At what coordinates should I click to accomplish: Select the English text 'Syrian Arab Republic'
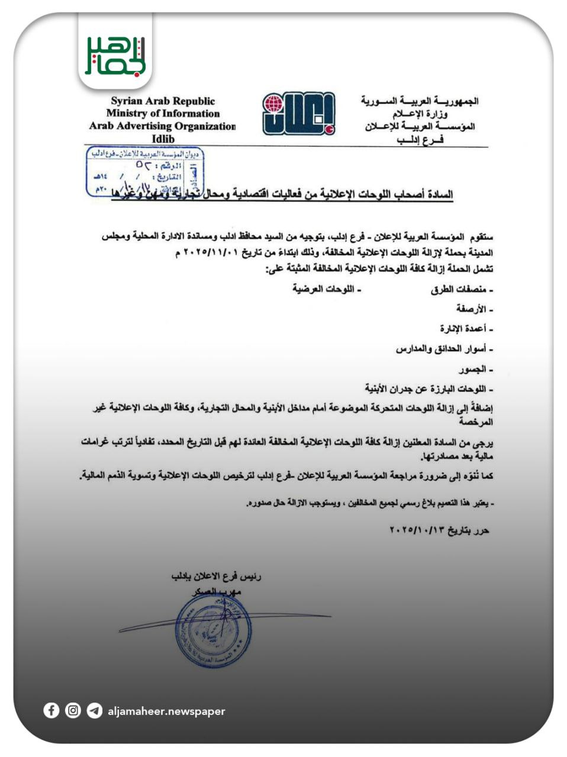(x=163, y=101)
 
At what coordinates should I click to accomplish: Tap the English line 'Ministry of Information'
(x=163, y=114)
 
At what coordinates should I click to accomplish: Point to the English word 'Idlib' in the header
(x=163, y=139)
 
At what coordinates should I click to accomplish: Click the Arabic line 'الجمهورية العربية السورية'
(x=419, y=101)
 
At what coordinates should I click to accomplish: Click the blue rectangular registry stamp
(x=145, y=172)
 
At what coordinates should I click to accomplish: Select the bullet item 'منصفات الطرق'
(x=462, y=290)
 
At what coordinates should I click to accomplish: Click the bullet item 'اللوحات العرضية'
(x=326, y=289)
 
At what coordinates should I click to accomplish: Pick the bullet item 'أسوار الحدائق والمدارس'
(x=443, y=349)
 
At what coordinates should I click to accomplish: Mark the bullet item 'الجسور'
(x=475, y=369)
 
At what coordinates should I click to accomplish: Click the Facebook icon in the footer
(x=51, y=710)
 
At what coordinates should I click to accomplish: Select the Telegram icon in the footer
(x=94, y=710)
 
